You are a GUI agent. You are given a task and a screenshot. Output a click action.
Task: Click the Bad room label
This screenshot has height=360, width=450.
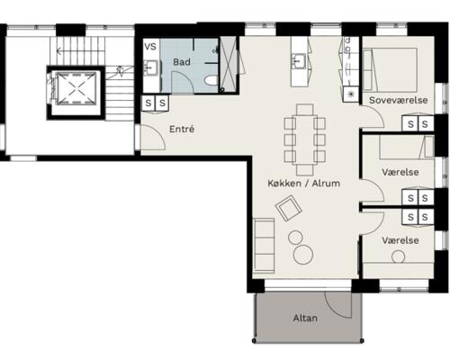pyautogui.click(x=182, y=62)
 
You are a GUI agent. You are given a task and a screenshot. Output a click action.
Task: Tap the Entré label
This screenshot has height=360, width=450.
pyautogui.click(x=182, y=129)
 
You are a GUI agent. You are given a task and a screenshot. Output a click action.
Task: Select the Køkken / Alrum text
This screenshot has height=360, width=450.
pyautogui.click(x=304, y=184)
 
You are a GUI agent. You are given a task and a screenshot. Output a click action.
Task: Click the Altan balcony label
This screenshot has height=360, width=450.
pyautogui.click(x=305, y=318)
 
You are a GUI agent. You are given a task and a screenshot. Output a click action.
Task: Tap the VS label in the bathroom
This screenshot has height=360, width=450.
pyautogui.click(x=150, y=47)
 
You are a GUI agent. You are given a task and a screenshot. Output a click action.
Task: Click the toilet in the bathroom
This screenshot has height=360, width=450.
pyautogui.click(x=211, y=80)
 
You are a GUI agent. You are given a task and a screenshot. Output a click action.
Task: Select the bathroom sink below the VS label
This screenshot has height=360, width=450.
pyautogui.click(x=150, y=67)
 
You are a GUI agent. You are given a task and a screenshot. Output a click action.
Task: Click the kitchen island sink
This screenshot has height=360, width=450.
pyautogui.click(x=299, y=61)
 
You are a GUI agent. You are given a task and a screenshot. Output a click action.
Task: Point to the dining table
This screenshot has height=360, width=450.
pyautogui.click(x=305, y=139)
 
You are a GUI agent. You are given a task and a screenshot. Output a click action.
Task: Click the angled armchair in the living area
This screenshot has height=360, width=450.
pyautogui.click(x=289, y=208)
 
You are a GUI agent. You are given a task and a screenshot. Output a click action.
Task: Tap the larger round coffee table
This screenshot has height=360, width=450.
pyautogui.click(x=303, y=255)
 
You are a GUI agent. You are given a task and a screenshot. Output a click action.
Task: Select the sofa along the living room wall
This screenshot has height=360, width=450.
pyautogui.click(x=264, y=246)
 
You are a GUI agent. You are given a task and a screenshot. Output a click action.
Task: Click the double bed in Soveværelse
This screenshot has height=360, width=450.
pyautogui.click(x=390, y=70)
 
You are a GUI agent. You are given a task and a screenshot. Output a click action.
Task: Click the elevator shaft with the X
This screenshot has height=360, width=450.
pyautogui.click(x=76, y=88)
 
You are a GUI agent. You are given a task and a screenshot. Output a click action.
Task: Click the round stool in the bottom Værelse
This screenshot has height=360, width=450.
pyautogui.click(x=399, y=257)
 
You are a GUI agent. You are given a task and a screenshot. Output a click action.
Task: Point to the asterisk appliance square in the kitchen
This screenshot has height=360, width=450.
pyautogui.click(x=351, y=94)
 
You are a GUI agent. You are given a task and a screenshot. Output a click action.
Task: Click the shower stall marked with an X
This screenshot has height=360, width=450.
pyautogui.click(x=229, y=64)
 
